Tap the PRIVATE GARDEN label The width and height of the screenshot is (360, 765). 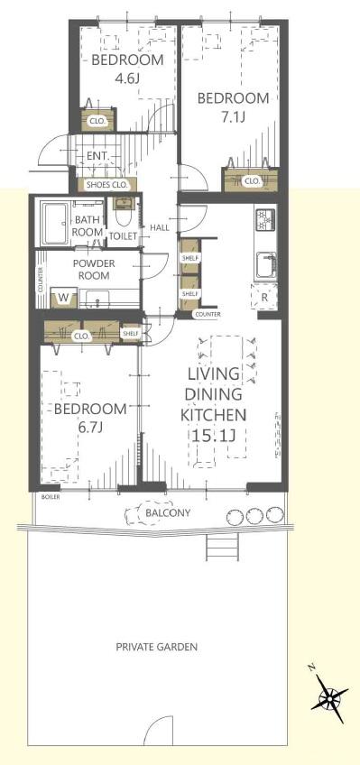pyautogui.click(x=157, y=648)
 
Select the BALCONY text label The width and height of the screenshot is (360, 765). pyautogui.click(x=169, y=513)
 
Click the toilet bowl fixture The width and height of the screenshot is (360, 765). pyautogui.click(x=122, y=216)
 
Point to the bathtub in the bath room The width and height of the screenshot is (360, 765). pyautogui.click(x=55, y=224)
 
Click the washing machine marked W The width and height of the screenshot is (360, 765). pyautogui.click(x=63, y=297)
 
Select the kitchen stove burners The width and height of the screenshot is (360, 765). pyautogui.click(x=266, y=219)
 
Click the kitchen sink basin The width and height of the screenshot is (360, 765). pyautogui.click(x=266, y=266)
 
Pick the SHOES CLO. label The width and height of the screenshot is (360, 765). pyautogui.click(x=106, y=185)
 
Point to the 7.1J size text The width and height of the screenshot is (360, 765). pyautogui.click(x=232, y=116)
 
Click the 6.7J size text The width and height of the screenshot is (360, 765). pyautogui.click(x=89, y=428)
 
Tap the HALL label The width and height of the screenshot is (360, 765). pyautogui.click(x=160, y=227)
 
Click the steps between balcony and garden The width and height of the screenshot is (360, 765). pyautogui.click(x=222, y=547)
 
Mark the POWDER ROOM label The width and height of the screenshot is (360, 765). pyautogui.click(x=93, y=270)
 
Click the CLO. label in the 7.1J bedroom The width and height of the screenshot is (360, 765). pyautogui.click(x=253, y=181)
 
